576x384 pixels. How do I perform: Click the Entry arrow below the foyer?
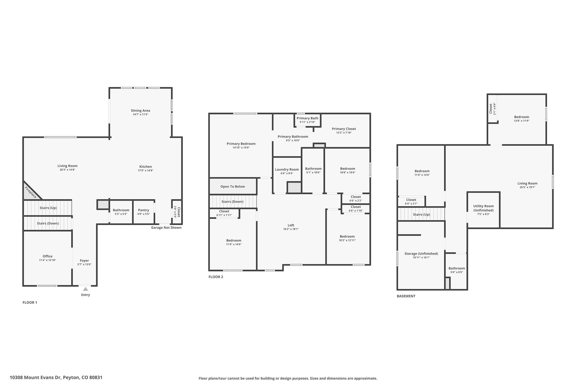85,289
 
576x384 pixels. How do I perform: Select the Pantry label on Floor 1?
143,210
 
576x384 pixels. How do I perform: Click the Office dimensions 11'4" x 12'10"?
48,260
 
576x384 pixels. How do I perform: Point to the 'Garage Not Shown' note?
166,228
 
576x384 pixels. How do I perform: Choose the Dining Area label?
140,111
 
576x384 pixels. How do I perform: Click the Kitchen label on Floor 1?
145,167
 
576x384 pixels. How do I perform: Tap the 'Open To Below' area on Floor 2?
233,186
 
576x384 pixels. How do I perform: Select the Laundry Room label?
287,169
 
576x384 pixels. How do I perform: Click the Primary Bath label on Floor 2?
307,118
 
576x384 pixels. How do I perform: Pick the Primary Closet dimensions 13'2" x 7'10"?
344,133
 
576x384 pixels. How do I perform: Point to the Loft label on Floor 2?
291,225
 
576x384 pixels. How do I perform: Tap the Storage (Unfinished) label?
421,254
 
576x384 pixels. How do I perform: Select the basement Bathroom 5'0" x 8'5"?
457,270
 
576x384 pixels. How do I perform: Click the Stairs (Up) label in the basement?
421,214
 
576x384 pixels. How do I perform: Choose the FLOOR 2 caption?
216,277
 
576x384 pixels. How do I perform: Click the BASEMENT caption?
406,296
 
